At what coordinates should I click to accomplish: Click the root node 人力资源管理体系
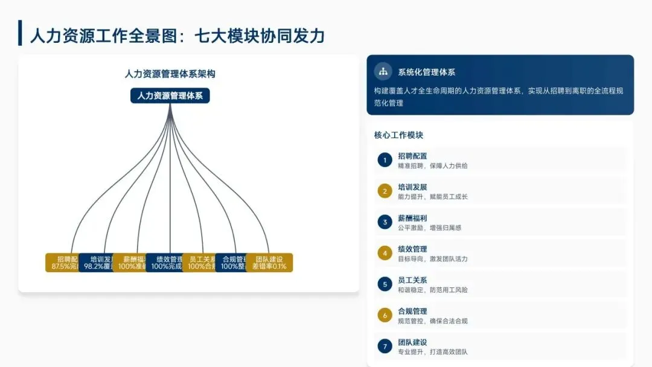(x=170, y=95)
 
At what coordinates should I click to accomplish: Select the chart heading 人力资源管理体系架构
(x=170, y=74)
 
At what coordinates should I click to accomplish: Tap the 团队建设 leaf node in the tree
(x=269, y=263)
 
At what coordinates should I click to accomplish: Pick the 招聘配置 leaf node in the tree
(x=63, y=263)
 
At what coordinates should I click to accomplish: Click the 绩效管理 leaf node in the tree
(x=165, y=263)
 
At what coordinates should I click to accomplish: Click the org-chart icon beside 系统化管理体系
(x=383, y=72)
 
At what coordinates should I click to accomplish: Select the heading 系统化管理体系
(x=427, y=72)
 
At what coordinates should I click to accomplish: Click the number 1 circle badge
(x=385, y=160)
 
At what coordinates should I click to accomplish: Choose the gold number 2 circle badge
(x=385, y=191)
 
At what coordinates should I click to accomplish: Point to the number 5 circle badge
(x=385, y=284)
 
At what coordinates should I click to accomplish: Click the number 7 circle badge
(x=385, y=346)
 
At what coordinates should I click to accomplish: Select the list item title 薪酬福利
(x=412, y=218)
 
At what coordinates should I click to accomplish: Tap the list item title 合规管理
(x=412, y=311)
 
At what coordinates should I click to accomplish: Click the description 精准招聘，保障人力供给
(x=432, y=165)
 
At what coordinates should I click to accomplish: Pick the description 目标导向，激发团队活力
(x=432, y=259)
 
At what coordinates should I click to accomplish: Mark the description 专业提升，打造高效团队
(x=432, y=352)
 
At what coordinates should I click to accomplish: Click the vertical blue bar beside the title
(x=21, y=33)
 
